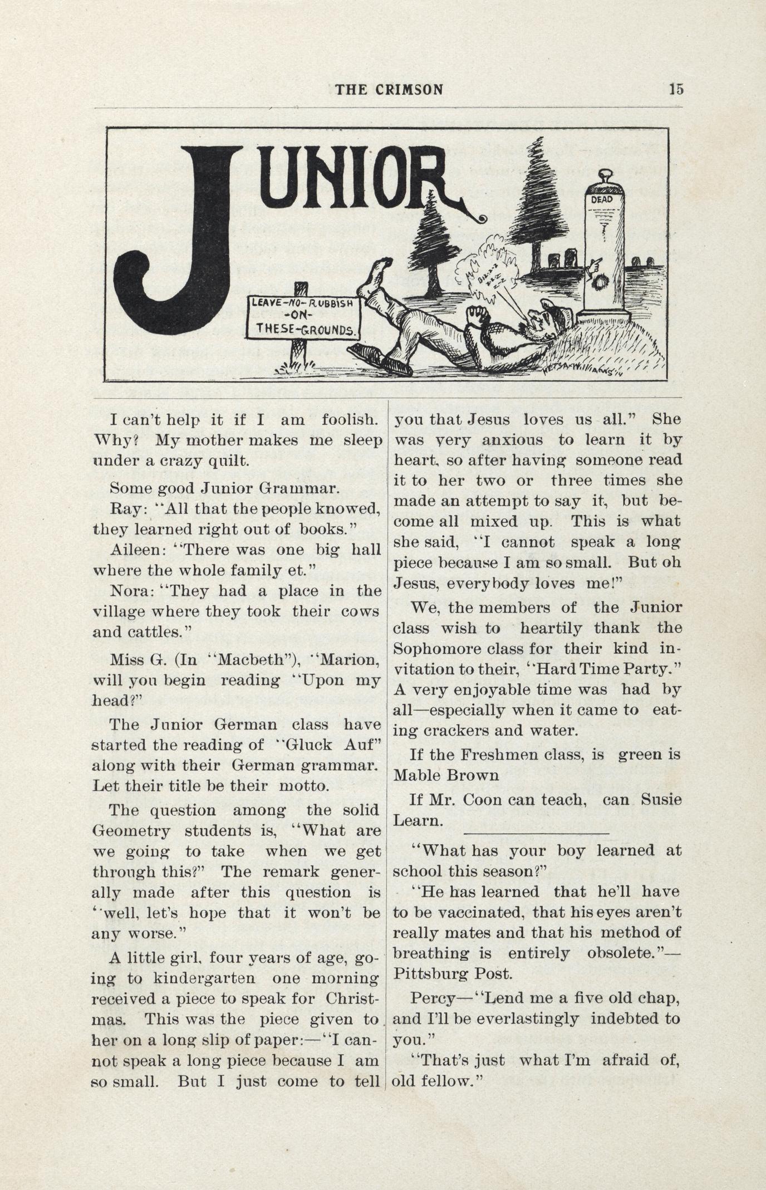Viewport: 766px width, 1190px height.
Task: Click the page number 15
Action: (x=676, y=89)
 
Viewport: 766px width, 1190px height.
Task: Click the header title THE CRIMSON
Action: (x=389, y=90)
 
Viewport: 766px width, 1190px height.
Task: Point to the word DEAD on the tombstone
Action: (x=602, y=199)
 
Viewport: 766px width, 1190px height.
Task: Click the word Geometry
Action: (x=131, y=831)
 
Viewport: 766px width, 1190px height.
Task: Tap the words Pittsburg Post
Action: (x=451, y=974)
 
